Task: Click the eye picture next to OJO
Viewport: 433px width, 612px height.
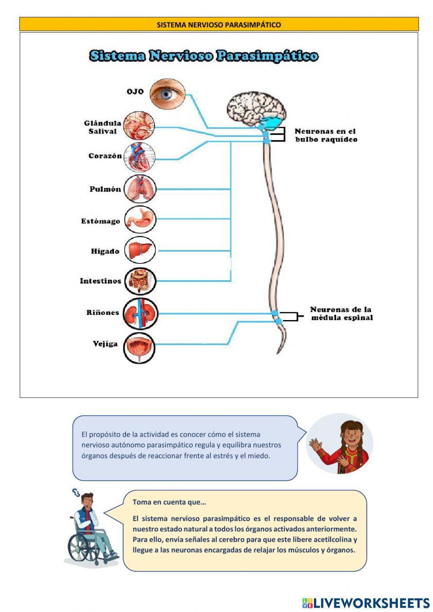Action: [168, 94]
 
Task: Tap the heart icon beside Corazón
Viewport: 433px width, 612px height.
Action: [139, 157]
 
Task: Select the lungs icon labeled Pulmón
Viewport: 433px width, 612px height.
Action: [139, 189]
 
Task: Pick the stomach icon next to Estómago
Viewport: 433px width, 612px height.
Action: [140, 220]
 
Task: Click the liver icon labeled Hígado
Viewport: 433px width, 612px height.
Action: [140, 250]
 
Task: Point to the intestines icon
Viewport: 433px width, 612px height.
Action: [140, 281]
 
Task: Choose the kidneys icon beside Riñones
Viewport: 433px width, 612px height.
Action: [140, 313]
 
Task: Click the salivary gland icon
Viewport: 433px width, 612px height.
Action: [139, 126]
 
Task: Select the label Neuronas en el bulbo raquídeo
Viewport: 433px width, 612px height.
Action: [326, 135]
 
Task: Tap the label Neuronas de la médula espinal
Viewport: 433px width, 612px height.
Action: [341, 314]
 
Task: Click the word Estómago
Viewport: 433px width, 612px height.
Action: [100, 221]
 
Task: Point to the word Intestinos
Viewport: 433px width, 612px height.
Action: [100, 281]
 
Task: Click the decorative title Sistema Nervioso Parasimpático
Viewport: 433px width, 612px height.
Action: [204, 56]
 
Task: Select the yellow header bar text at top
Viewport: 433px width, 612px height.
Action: [219, 25]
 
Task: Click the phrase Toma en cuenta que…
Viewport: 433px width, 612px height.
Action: [169, 502]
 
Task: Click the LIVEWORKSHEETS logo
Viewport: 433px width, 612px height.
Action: [366, 603]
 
